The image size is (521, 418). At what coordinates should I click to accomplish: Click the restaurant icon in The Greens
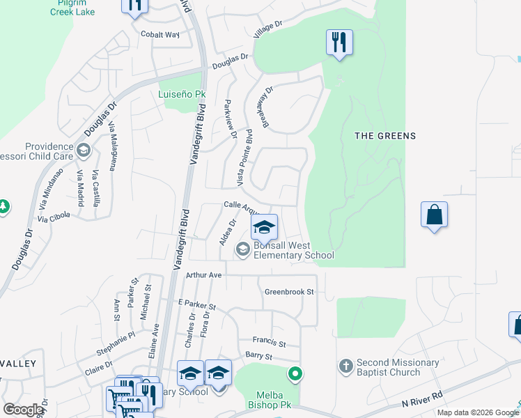click(339, 42)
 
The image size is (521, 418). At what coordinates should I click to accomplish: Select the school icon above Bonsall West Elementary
click(264, 227)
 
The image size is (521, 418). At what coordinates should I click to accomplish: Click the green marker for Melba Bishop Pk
click(295, 375)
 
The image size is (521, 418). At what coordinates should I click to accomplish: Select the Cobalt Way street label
click(160, 34)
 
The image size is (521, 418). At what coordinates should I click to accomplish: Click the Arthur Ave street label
click(203, 275)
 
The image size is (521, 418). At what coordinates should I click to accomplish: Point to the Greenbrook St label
click(290, 291)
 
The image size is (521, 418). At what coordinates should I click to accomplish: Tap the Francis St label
click(270, 343)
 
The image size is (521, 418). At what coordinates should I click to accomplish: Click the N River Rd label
click(421, 403)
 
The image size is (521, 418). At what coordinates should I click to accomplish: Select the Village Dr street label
click(268, 29)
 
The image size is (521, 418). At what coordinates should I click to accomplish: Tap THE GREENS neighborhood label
click(385, 136)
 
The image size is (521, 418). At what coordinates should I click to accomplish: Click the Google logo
click(24, 410)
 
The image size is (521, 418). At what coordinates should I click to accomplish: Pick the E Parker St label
click(197, 305)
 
